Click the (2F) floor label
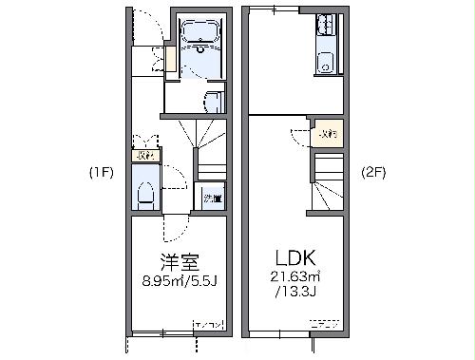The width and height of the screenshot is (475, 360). click(x=373, y=173)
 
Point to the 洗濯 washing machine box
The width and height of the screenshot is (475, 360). click(x=213, y=199)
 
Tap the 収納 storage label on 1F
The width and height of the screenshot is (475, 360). click(x=144, y=154)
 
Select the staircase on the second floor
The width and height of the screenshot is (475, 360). click(x=328, y=182)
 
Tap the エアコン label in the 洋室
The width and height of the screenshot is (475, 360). click(x=209, y=327)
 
